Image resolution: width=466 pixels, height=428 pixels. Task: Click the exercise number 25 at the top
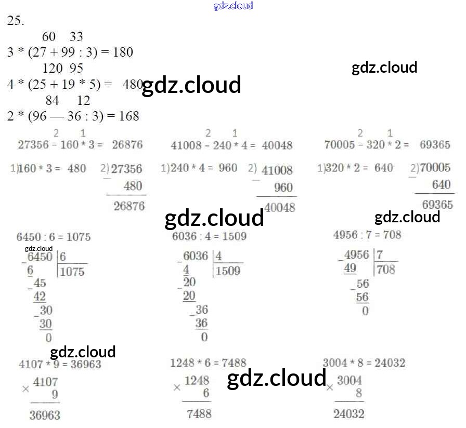coord(16,21)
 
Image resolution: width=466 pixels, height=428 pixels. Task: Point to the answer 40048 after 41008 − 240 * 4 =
coord(277,145)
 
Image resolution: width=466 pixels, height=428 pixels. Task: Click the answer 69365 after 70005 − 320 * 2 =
coord(435,145)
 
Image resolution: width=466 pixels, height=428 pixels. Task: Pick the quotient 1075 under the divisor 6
coord(72,272)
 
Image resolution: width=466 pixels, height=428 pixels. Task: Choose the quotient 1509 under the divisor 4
coord(228,271)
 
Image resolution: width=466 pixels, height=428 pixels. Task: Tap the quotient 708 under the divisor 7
coord(386,269)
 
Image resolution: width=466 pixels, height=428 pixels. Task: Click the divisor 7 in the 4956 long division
coord(380,255)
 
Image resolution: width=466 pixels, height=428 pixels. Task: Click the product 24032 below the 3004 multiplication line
coord(349,413)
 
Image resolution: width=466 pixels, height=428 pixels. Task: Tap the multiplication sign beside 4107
coord(26,389)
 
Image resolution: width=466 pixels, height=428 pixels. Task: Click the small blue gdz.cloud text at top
coord(233,6)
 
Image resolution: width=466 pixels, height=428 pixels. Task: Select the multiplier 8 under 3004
coord(358,393)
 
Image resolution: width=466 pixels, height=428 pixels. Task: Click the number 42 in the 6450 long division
coord(40,297)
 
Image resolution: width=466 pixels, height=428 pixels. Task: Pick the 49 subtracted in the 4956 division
coord(351,269)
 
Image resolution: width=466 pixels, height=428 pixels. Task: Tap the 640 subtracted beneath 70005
coord(441,185)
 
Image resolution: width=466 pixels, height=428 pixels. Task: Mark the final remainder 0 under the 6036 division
coord(204,337)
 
